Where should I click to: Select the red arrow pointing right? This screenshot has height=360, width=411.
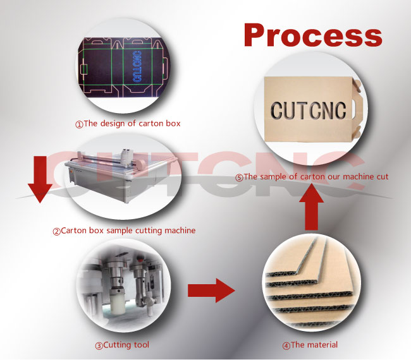tap(211, 291)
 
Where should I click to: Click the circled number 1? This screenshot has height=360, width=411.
tap(79, 124)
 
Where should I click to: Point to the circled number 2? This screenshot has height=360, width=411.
tap(56, 231)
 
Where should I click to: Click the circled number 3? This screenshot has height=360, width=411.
tap(99, 345)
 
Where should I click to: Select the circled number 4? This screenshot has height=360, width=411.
tap(285, 345)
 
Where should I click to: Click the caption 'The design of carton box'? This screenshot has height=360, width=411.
tap(132, 124)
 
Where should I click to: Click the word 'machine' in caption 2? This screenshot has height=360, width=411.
tap(180, 231)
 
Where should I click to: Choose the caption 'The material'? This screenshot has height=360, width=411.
tap(314, 345)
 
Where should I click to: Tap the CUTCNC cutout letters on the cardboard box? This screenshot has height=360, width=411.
tap(306, 111)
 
